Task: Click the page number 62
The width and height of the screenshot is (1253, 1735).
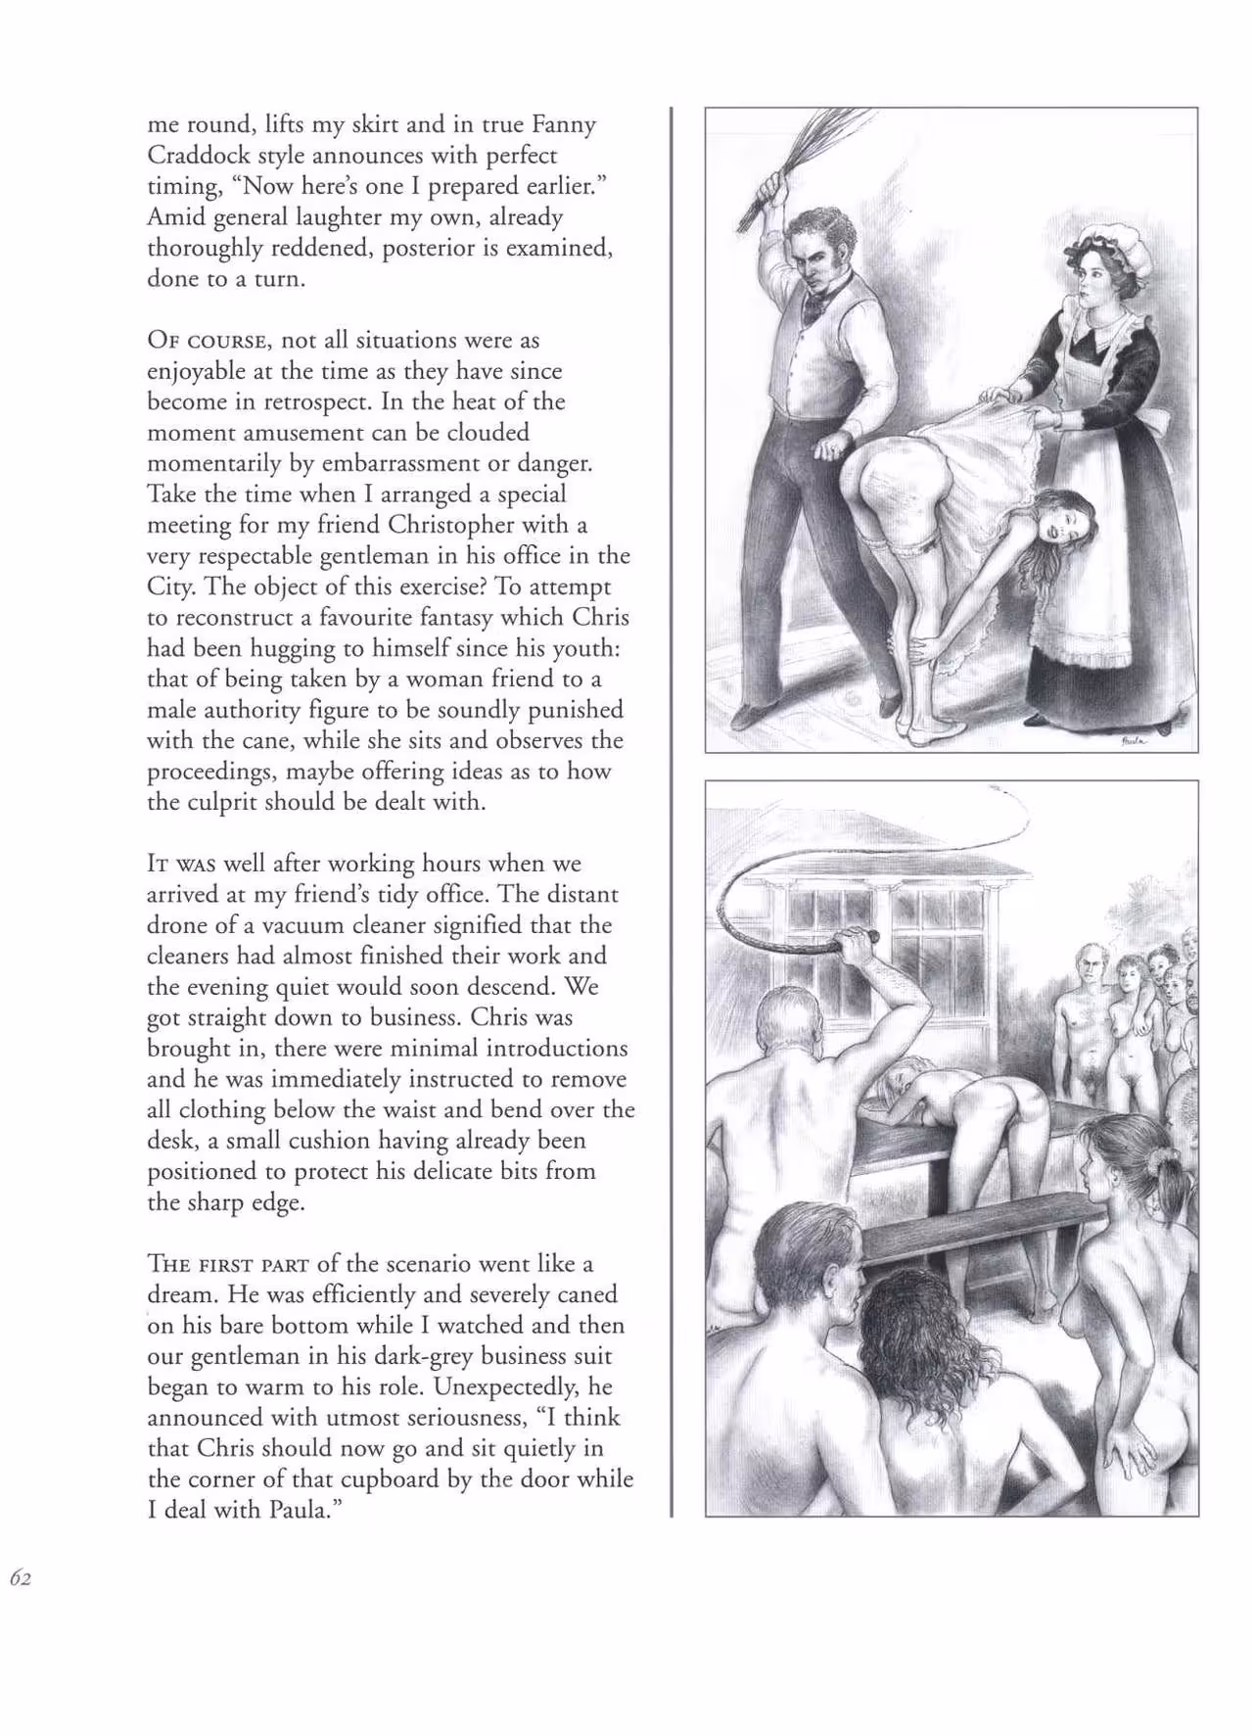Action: point(21,1577)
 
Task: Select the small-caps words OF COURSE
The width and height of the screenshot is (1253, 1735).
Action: point(206,341)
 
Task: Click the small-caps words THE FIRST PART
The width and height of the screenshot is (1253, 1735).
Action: point(227,1264)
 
